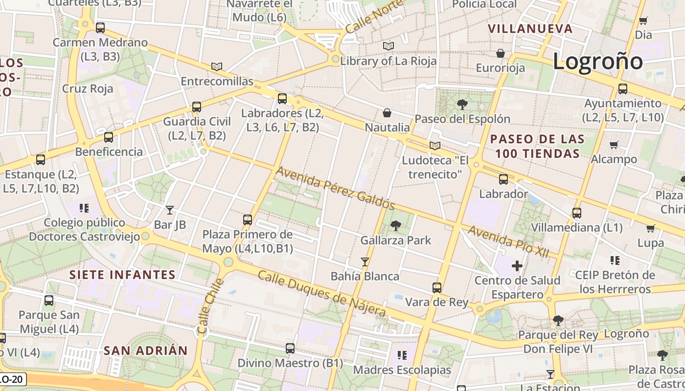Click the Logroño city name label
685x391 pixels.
click(597, 62)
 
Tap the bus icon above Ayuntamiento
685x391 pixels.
click(622, 89)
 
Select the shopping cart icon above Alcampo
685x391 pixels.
click(614, 145)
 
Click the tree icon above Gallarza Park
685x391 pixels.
click(395, 226)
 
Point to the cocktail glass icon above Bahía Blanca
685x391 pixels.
click(365, 262)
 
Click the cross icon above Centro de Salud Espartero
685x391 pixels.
click(517, 266)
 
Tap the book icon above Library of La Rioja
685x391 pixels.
click(388, 46)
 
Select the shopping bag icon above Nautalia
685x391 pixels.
click(387, 113)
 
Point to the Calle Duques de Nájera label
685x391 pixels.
click(321, 294)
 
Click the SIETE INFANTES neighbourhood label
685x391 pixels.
click(122, 275)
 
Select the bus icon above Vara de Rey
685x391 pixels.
click(437, 288)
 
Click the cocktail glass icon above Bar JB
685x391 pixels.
click(170, 210)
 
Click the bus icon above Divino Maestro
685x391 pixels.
click(290, 348)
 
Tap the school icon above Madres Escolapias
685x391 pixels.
click(402, 355)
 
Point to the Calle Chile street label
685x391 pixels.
click(210, 306)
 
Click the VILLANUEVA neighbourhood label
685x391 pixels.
click(530, 29)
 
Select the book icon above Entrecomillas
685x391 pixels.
click(217, 66)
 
